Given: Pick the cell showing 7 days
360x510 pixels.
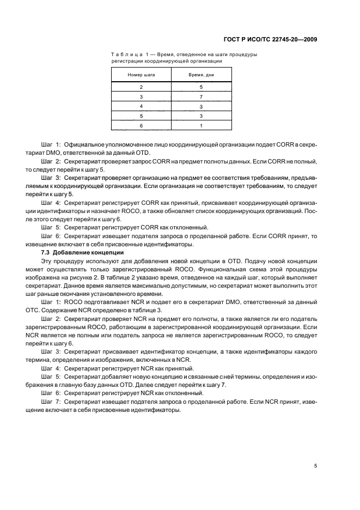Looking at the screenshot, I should click(201, 96).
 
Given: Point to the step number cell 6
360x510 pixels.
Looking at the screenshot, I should click(141, 126).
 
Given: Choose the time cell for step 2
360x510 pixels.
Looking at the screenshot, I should click(201, 87).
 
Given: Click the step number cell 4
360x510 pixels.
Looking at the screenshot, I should click(141, 106).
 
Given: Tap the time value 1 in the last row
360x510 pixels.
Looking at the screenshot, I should click(201, 126).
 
